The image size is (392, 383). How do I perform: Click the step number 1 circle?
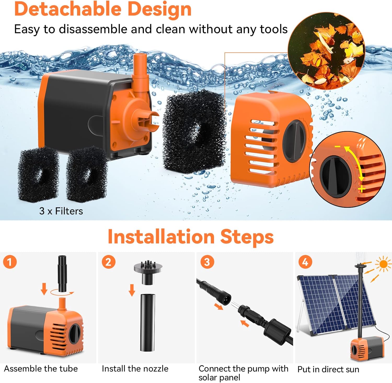(x=10, y=262)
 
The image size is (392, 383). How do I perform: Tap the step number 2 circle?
(x=108, y=262)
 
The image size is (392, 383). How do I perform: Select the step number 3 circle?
(x=207, y=262)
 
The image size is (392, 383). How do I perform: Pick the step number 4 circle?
(x=305, y=262)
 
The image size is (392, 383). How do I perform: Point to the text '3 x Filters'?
(x=61, y=211)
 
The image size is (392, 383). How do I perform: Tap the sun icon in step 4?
(x=383, y=264)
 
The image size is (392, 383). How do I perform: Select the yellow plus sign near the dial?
(x=362, y=189)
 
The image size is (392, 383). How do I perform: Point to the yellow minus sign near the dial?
(x=338, y=146)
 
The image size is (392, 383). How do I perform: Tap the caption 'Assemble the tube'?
(x=41, y=369)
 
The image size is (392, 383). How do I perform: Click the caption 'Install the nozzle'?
(x=135, y=369)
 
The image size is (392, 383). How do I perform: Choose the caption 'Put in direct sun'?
(x=328, y=369)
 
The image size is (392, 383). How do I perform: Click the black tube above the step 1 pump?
(x=62, y=273)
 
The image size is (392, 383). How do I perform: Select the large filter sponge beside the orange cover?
(x=194, y=131)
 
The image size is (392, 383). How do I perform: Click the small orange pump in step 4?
(x=367, y=348)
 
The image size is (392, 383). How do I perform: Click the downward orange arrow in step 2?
(x=132, y=290)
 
